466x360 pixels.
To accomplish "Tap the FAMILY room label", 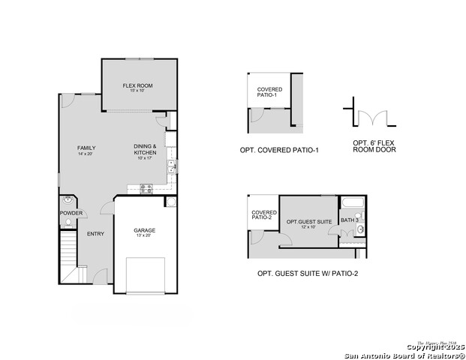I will (86, 151).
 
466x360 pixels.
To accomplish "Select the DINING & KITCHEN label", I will (145, 149).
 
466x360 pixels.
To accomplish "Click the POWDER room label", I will (71, 213).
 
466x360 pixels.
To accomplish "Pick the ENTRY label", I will (95, 234).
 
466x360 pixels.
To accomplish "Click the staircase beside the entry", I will (69, 255).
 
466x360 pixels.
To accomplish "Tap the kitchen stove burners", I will (145, 189).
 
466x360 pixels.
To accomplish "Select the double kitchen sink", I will (171, 167).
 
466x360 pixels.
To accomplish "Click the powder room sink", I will (68, 201).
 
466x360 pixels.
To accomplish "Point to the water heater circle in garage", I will (170, 202).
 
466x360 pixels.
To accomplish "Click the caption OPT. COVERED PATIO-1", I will (279, 150).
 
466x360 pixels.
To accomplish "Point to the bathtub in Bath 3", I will (352, 203).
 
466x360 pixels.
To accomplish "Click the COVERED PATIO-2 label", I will (263, 214).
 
